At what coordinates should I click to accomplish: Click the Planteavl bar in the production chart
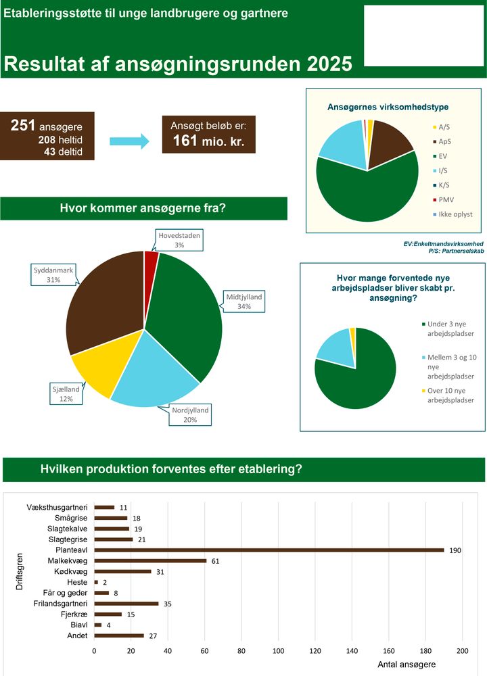(269, 550)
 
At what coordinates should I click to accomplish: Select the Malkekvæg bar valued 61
(150, 560)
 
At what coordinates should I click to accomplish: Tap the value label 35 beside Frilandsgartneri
(168, 604)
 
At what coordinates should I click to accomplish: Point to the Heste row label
(77, 582)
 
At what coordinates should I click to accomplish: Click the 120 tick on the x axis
(315, 650)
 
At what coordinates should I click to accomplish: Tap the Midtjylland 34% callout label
(243, 301)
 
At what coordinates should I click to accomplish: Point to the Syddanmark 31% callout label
(53, 274)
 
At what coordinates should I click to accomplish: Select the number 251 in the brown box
(24, 126)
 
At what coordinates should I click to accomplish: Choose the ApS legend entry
(444, 141)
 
